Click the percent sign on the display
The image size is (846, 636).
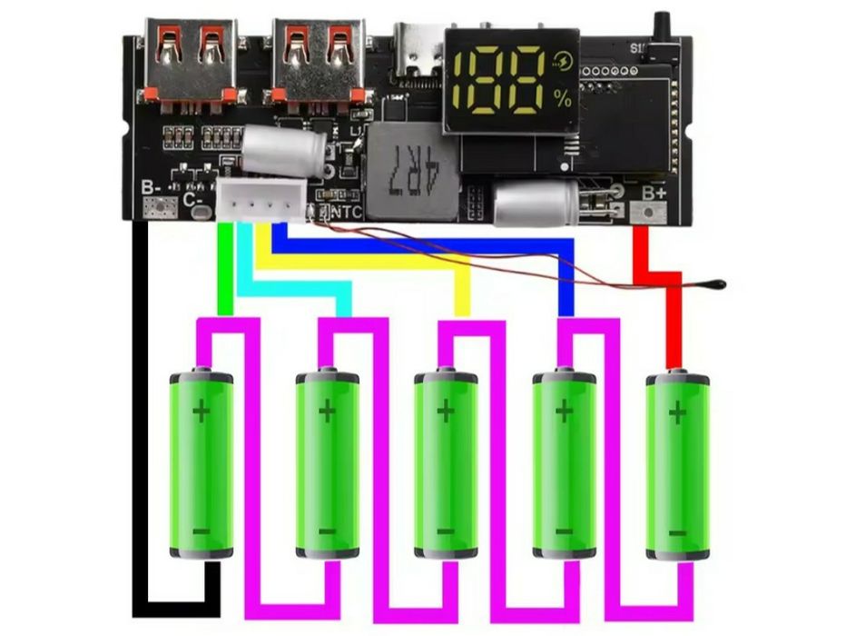tap(565, 100)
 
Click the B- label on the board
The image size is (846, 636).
tap(152, 190)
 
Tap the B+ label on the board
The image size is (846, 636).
tap(654, 193)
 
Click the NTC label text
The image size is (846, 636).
tap(347, 213)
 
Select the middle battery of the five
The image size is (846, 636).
tap(445, 463)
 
